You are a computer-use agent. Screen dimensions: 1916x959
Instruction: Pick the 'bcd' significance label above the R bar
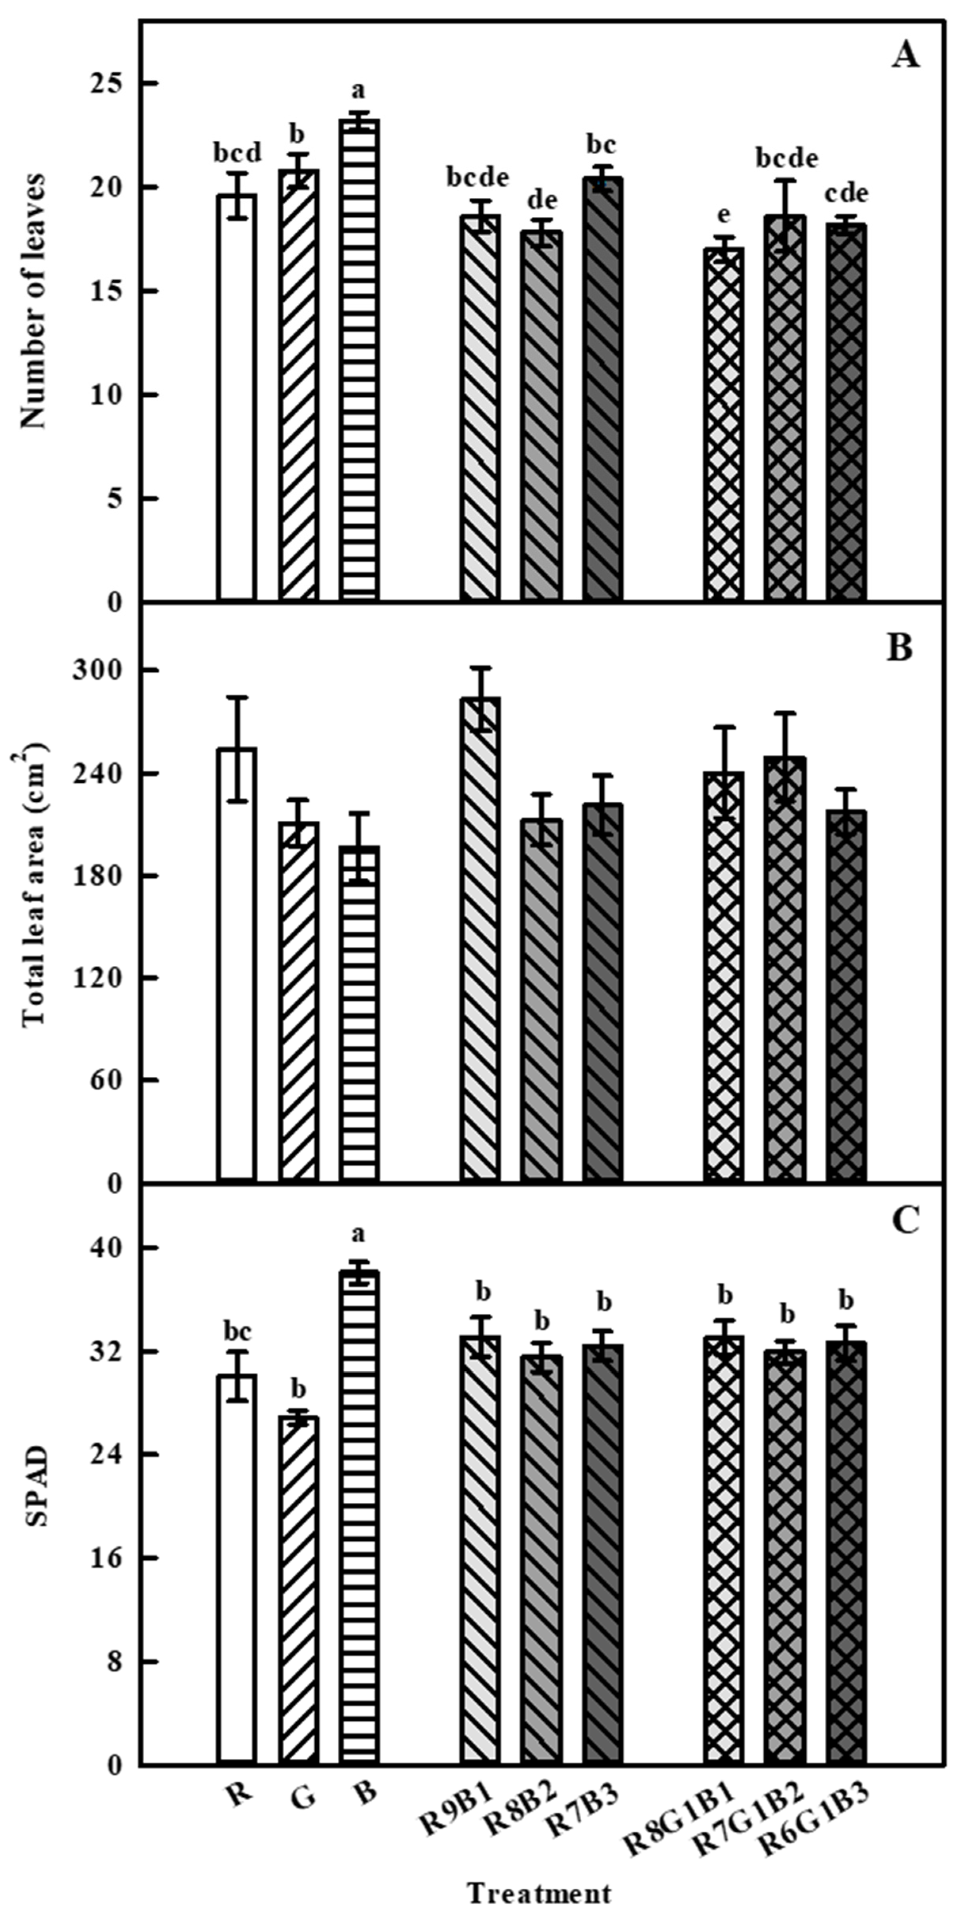pyautogui.click(x=237, y=154)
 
